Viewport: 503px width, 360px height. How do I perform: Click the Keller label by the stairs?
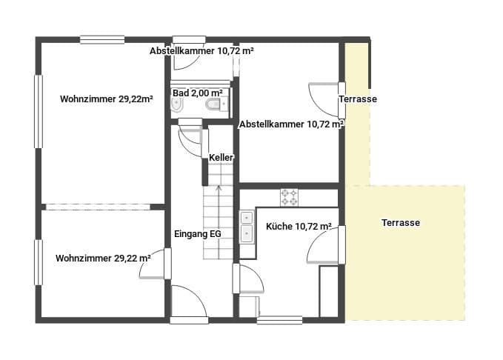coord(221,158)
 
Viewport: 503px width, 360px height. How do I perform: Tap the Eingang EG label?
coord(198,234)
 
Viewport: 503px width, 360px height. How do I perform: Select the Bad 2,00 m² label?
coord(198,93)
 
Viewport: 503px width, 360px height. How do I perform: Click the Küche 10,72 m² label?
coord(299,227)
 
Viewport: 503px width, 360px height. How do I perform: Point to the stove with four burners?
coord(289,197)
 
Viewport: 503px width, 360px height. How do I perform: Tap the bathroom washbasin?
coord(177,104)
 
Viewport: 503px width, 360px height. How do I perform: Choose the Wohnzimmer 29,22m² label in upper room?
coord(106,99)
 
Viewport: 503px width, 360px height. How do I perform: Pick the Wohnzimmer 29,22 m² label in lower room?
coord(103,259)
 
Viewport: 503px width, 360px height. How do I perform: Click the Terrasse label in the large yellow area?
coord(401,223)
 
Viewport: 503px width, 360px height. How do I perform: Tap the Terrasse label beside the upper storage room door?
coord(358,99)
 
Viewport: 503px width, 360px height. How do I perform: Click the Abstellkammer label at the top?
coord(201,51)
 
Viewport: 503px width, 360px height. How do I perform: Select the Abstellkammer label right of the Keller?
coord(292,124)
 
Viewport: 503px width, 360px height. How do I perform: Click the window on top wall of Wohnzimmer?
coord(102,40)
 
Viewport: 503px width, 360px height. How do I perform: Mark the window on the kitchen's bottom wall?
coord(280,320)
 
